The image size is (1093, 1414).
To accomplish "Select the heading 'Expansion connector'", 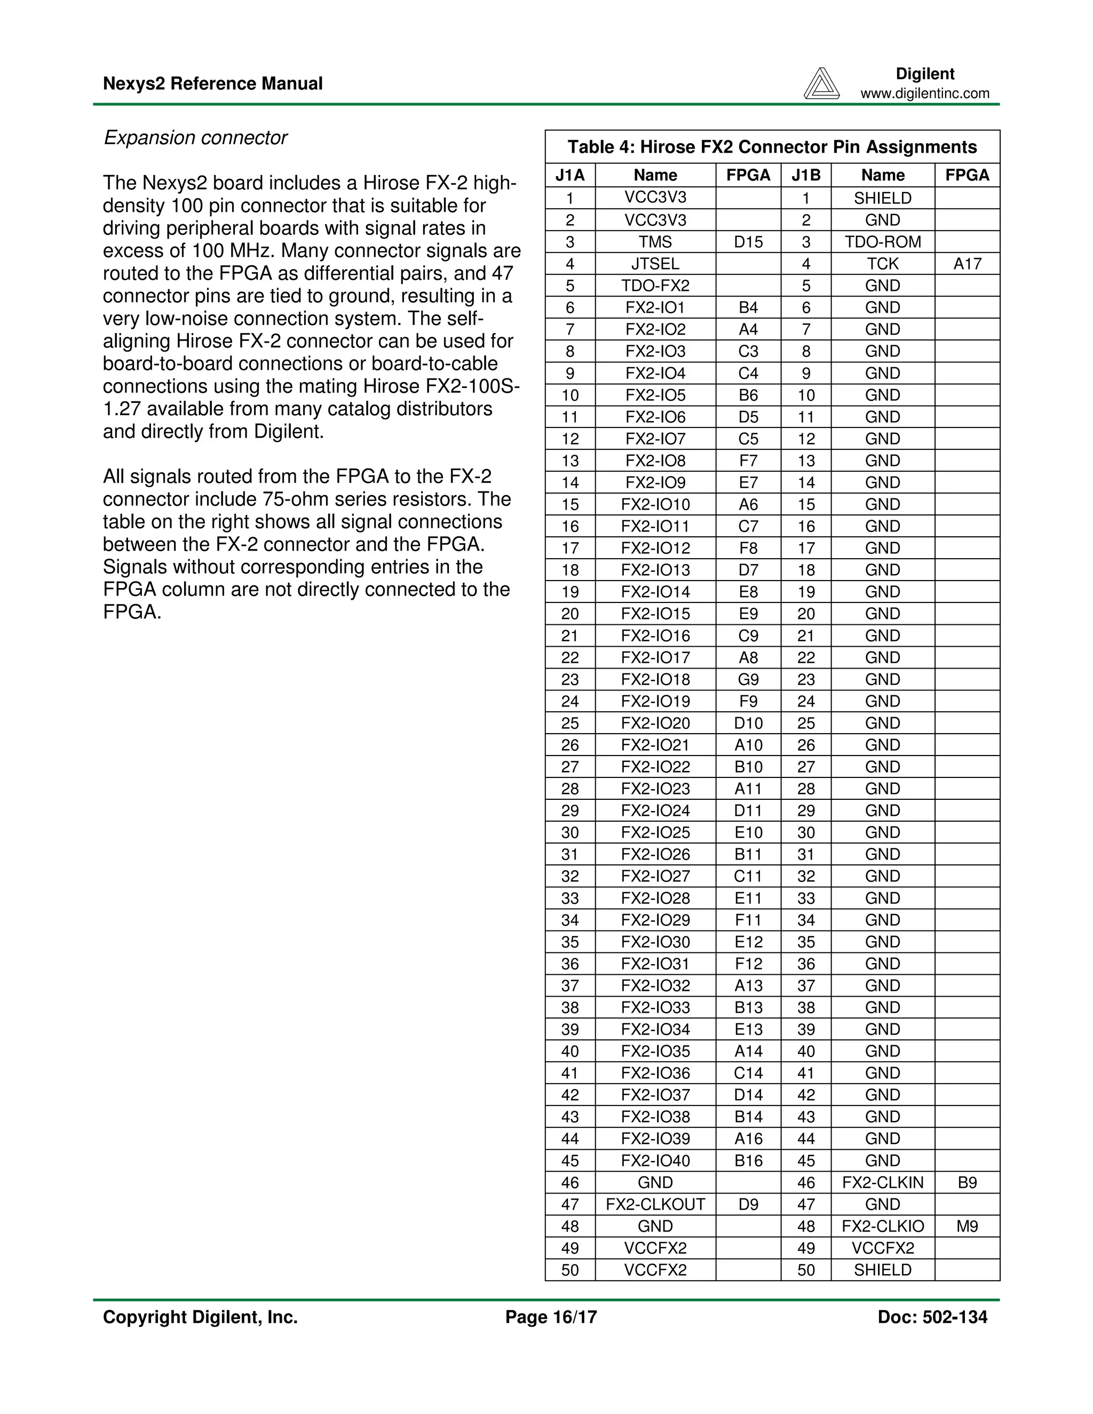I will click(195, 138).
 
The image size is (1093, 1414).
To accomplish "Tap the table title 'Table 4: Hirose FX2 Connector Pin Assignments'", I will click(772, 147).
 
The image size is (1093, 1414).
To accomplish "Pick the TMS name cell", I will click(655, 242).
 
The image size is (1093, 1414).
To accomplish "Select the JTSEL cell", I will click(655, 264).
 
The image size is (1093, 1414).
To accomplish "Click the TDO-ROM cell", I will click(883, 242).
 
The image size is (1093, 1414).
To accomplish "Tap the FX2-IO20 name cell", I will click(655, 723).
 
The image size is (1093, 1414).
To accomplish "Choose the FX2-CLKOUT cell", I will click(655, 1204).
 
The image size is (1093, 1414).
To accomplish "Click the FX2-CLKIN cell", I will click(883, 1183).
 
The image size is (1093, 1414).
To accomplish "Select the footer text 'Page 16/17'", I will click(551, 1317).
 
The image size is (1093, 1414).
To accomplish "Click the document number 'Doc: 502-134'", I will click(932, 1317).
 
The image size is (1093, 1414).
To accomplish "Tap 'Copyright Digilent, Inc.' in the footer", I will click(200, 1317).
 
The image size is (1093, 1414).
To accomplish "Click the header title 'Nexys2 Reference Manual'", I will click(212, 84).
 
